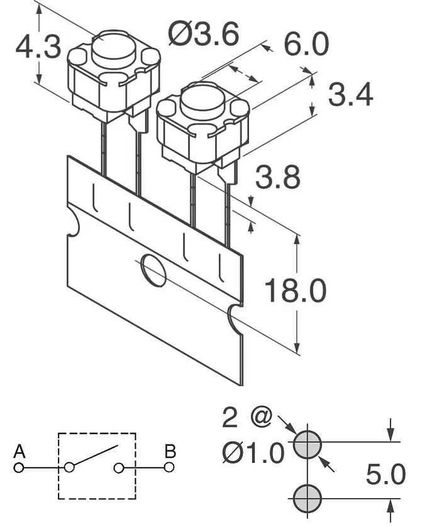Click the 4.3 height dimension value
click(x=38, y=47)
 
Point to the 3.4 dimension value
click(x=350, y=95)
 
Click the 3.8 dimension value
click(x=278, y=177)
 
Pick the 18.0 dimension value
click(x=296, y=290)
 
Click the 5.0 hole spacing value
click(x=386, y=475)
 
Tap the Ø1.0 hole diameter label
click(x=253, y=453)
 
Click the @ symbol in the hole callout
click(x=261, y=418)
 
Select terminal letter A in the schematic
click(x=19, y=452)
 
